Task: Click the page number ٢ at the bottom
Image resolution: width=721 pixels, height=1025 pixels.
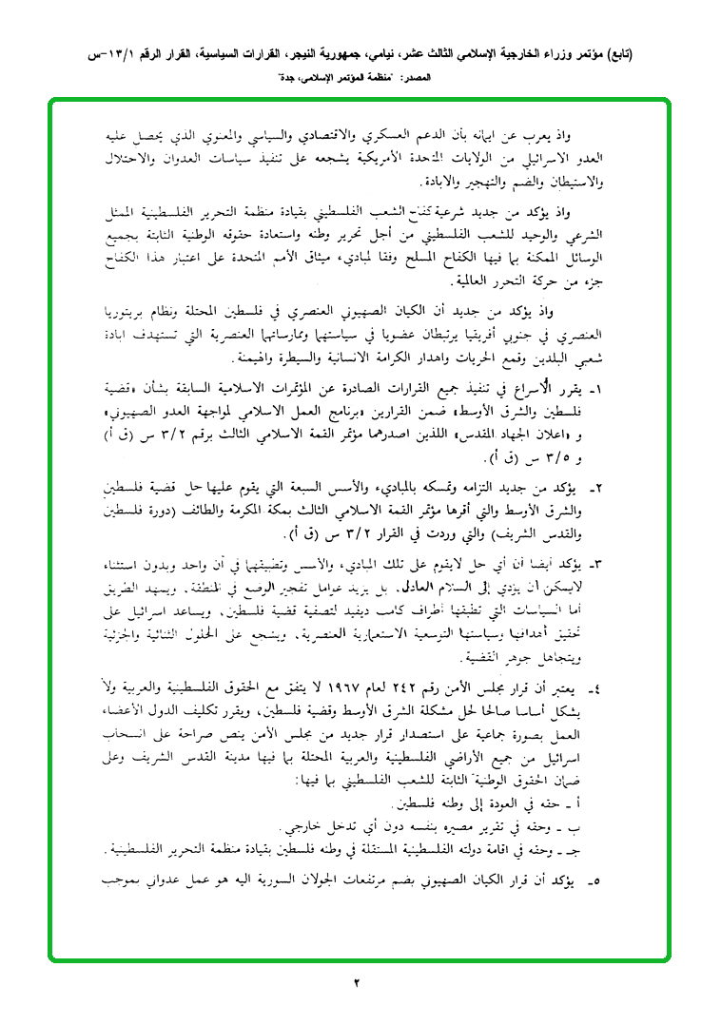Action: (x=360, y=981)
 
